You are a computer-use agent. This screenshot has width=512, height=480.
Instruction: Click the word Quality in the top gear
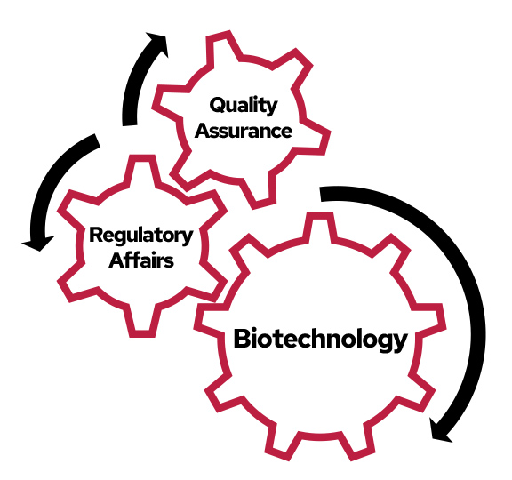(x=244, y=106)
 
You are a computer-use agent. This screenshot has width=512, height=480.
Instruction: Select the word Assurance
(x=244, y=132)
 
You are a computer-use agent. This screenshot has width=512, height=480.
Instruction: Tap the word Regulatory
(x=140, y=236)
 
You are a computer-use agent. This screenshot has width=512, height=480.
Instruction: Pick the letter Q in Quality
(x=216, y=106)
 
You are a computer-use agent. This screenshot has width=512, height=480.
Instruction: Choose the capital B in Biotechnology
(x=242, y=339)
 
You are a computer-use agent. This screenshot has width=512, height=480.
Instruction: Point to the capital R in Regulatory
(x=95, y=236)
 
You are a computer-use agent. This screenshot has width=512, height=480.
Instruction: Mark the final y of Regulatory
(x=187, y=239)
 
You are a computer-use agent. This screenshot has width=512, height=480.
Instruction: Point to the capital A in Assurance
(x=202, y=132)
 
